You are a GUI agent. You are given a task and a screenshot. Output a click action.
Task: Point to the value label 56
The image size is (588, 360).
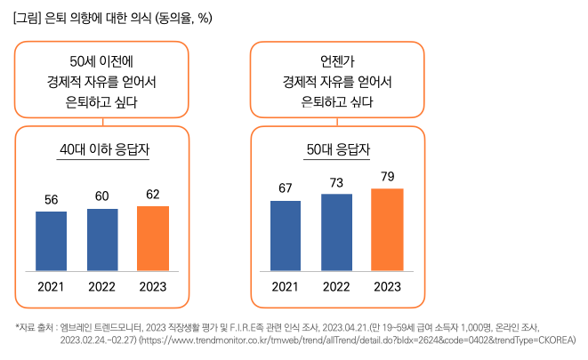point(51,199)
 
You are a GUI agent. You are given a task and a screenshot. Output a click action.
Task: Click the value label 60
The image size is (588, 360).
point(102,196)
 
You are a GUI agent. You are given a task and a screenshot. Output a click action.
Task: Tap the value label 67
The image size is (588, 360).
point(286,188)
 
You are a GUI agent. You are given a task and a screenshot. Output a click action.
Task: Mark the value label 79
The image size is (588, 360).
point(387,176)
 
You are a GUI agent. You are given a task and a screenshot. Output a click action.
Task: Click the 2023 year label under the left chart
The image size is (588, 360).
point(153,286)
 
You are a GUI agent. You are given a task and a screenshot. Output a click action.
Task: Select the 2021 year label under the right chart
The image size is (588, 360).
point(286,286)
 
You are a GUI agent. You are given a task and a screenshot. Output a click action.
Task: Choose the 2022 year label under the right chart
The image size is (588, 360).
point(336,286)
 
